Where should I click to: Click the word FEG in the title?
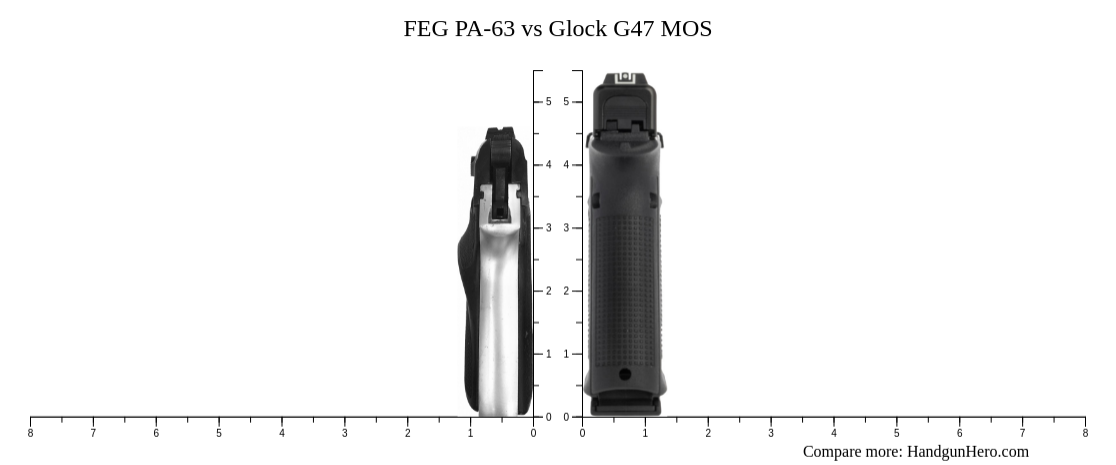[424, 29]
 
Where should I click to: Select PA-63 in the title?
[480, 29]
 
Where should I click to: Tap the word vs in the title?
[532, 29]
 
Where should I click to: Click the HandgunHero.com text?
[967, 452]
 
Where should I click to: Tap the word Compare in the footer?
[833, 452]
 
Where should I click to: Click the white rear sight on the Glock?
[626, 78]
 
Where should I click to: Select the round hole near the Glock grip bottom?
[625, 374]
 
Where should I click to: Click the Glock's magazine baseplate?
[625, 405]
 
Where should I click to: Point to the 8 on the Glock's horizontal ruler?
[1085, 433]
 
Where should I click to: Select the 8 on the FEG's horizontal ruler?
[30, 433]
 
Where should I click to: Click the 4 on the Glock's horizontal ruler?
[833, 433]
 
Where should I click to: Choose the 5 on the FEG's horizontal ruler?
[219, 433]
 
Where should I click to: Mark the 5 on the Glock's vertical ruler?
[566, 102]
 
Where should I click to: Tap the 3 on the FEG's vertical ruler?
[548, 228]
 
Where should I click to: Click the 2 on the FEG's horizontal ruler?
[407, 433]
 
